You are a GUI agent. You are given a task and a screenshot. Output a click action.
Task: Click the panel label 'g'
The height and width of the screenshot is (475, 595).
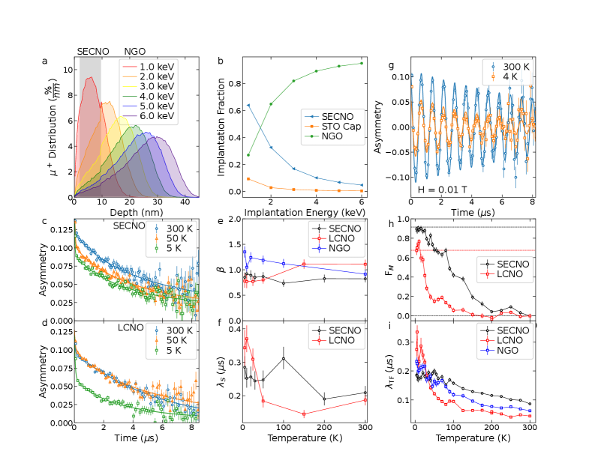tap(391, 65)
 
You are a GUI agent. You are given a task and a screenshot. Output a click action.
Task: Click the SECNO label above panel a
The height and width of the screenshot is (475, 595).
tap(93, 52)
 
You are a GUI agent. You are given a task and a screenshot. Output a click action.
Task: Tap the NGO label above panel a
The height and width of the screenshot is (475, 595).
tap(135, 52)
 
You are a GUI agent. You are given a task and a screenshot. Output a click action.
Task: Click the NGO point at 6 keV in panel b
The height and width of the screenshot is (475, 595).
tap(361, 63)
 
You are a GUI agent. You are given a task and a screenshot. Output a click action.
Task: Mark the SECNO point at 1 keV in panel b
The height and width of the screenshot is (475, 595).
tap(248, 105)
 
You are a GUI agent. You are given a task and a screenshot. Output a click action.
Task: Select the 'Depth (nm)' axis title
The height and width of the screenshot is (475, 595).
tap(136, 212)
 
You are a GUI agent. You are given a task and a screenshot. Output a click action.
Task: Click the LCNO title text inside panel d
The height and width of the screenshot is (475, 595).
tap(131, 327)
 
